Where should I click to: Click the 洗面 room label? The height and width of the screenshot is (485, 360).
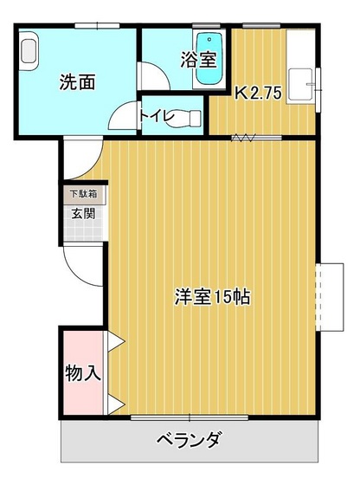[x=77, y=83]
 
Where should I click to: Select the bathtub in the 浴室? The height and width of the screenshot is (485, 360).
[x=211, y=59]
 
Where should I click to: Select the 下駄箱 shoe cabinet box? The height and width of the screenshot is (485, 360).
[x=83, y=195]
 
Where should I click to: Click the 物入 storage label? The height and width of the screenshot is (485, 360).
[x=83, y=373]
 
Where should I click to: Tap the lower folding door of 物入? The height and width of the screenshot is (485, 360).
[x=115, y=402]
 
